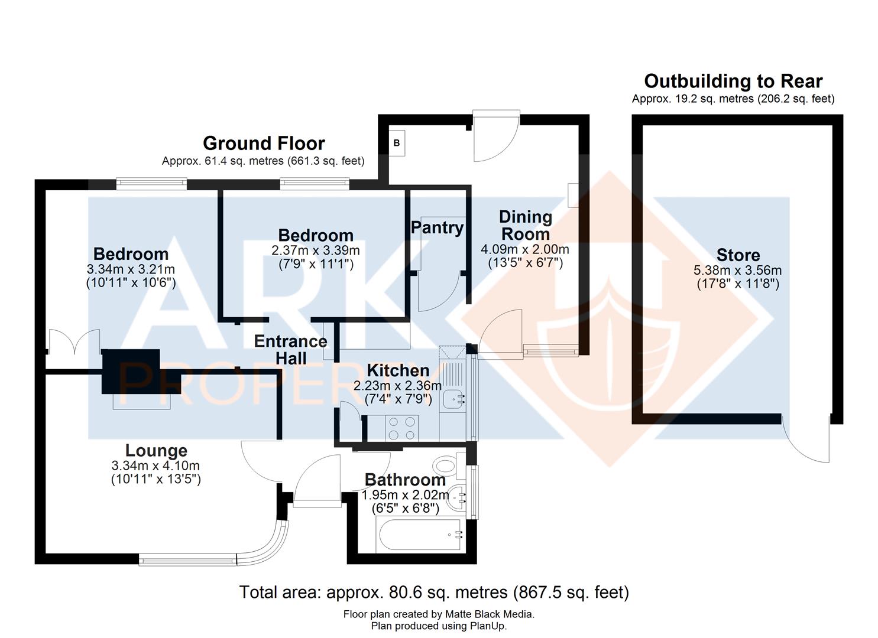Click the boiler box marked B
pyautogui.click(x=397, y=143)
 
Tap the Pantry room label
pyautogui.click(x=437, y=227)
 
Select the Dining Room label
pyautogui.click(x=525, y=225)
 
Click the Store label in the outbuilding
pyautogui.click(x=738, y=255)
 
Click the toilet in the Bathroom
pyautogui.click(x=447, y=465)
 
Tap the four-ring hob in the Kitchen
pyautogui.click(x=401, y=428)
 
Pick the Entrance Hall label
pyautogui.click(x=290, y=350)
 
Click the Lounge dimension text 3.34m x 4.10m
pyautogui.click(x=156, y=466)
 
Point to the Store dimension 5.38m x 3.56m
pyautogui.click(x=737, y=271)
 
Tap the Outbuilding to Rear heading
pyautogui.click(x=733, y=81)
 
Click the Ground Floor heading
pyautogui.click(x=264, y=144)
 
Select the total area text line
pyautogui.click(x=434, y=592)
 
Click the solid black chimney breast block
pyautogui.click(x=131, y=371)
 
